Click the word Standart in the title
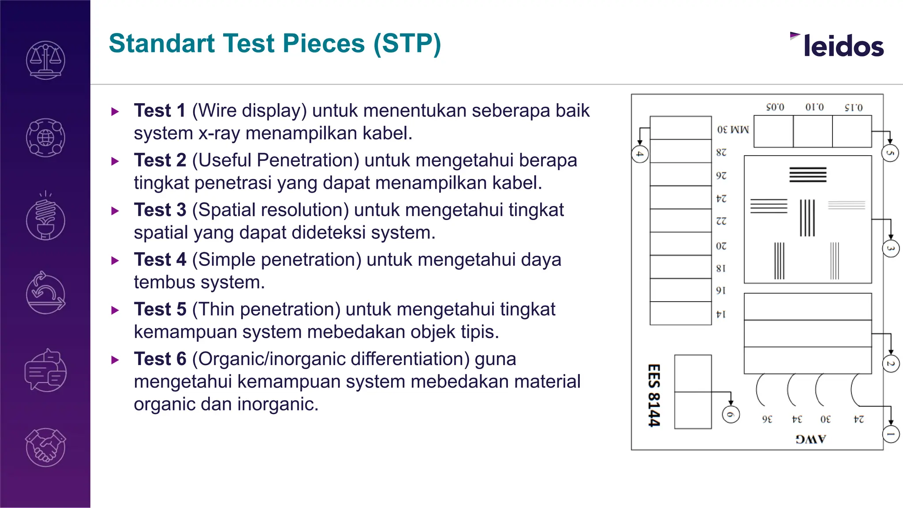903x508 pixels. pos(161,44)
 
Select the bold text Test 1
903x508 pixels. pos(160,111)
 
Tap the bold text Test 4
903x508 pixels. pos(160,260)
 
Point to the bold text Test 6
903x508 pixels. pos(160,359)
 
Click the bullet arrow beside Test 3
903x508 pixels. pos(115,211)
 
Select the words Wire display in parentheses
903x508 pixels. pos(249,111)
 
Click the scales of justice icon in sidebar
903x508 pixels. pos(45,60)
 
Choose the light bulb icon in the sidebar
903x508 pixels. pos(45,217)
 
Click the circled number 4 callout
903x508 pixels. pos(640,154)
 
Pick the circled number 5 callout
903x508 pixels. pos(890,153)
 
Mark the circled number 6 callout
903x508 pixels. pos(731,415)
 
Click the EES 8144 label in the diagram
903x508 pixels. pos(654,395)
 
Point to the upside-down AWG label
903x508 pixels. pos(810,439)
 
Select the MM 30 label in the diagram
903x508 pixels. pos(733,130)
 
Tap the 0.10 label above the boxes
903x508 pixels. pos(814,107)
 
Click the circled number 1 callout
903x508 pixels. pos(891,434)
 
